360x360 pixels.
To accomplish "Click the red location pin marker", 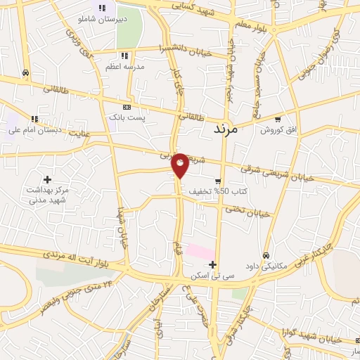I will pyautogui.click(x=180, y=165).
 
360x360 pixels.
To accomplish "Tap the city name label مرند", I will pyautogui.click(x=226, y=129).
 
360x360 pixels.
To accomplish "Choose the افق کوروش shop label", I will pyautogui.click(x=278, y=130).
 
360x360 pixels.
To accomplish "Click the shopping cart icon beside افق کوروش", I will pyautogui.click(x=278, y=119).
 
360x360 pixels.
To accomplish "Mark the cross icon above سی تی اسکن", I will pyautogui.click(x=212, y=264).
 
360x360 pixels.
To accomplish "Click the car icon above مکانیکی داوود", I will pyautogui.click(x=266, y=255).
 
